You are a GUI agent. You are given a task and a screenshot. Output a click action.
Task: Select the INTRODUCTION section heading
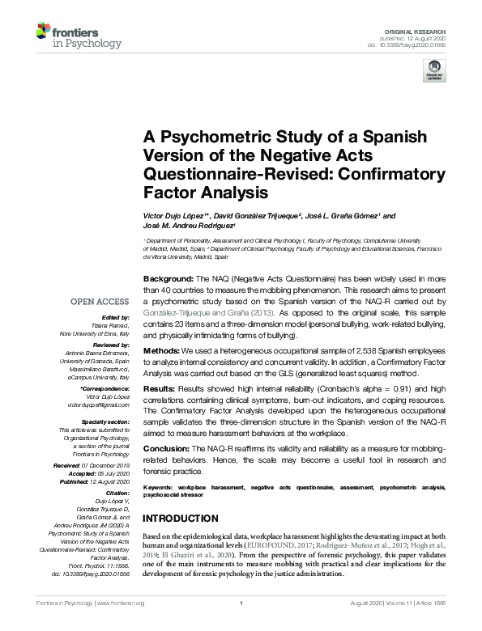pos(191,519)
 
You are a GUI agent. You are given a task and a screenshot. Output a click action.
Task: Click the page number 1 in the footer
pos(241,625)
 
